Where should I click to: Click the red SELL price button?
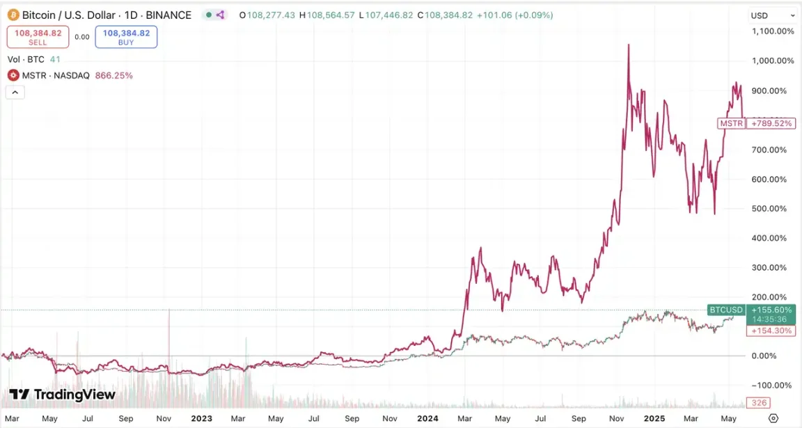[38, 37]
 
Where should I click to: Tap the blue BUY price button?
[126, 37]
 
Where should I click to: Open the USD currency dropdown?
[773, 15]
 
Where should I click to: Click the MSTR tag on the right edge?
[731, 123]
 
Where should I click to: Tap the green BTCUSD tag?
[726, 310]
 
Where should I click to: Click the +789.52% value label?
[771, 123]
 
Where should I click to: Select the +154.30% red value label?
[771, 331]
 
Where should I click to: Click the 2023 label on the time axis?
[201, 418]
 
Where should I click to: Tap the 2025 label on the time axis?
[655, 418]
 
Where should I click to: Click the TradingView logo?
[63, 395]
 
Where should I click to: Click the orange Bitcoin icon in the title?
[13, 15]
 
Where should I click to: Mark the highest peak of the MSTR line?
[629, 45]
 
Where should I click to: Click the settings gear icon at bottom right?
[773, 418]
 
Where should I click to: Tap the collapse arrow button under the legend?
[15, 92]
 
